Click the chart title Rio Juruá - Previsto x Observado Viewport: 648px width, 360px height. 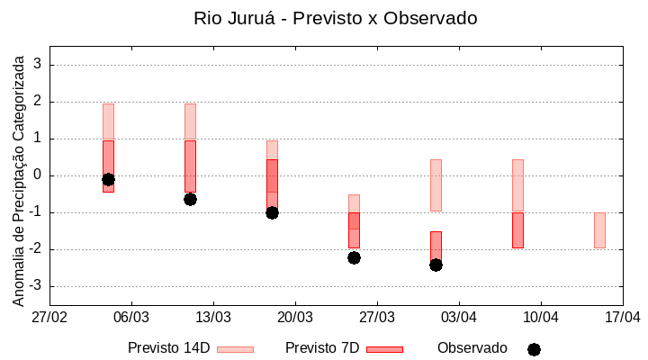(x=335, y=18)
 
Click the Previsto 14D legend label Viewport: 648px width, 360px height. (x=169, y=348)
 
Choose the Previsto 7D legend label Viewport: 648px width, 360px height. (x=322, y=348)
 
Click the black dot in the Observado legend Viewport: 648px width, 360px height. (x=534, y=349)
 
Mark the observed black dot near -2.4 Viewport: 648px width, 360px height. (x=436, y=265)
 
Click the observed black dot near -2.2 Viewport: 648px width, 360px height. (x=354, y=257)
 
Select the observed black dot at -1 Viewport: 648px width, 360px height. (x=272, y=212)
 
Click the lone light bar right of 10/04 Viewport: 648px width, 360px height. (x=599, y=230)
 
